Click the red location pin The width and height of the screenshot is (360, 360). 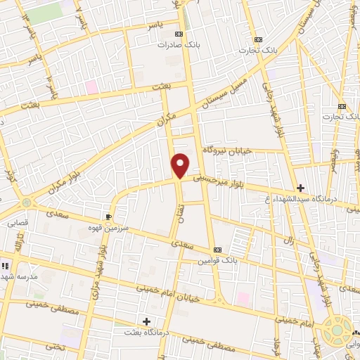(x=181, y=165)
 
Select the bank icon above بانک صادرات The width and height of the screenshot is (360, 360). (x=179, y=34)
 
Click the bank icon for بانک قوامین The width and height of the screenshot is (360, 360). (x=217, y=250)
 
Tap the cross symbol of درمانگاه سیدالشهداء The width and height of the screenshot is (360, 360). (x=300, y=188)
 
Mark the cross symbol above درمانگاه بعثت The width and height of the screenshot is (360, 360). (x=146, y=321)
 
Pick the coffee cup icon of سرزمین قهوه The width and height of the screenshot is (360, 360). (x=108, y=217)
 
